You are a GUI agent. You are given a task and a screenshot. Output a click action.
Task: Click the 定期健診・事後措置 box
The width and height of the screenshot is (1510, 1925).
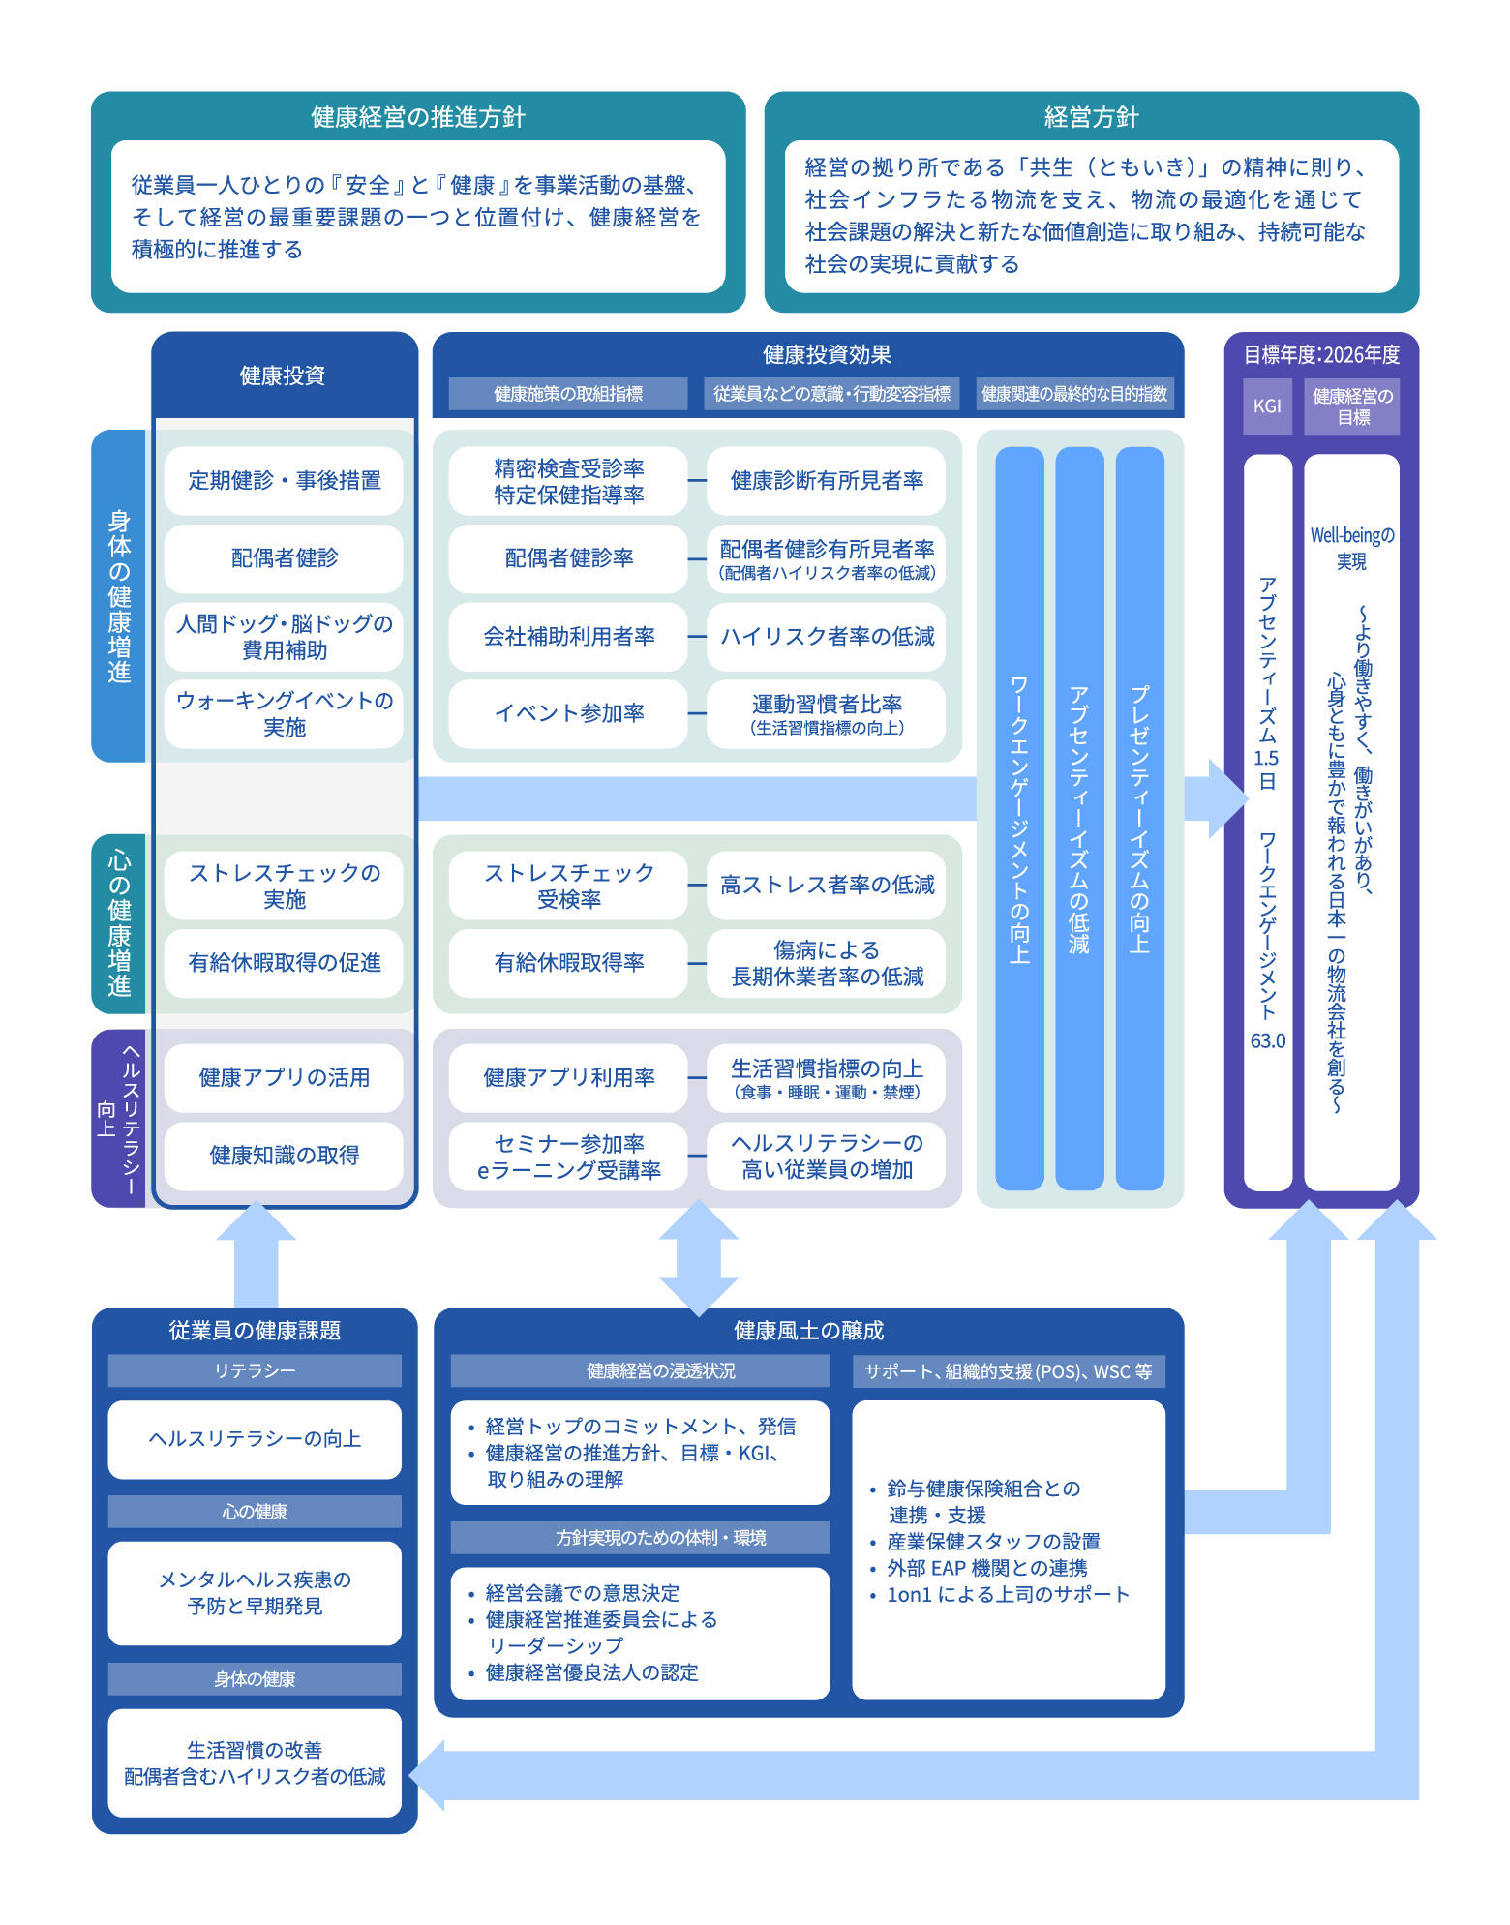click(x=284, y=480)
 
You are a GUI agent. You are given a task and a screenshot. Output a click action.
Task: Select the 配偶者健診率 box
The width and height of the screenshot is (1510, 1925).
click(x=568, y=558)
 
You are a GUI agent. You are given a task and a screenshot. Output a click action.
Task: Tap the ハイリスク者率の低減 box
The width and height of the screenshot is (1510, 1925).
click(x=826, y=636)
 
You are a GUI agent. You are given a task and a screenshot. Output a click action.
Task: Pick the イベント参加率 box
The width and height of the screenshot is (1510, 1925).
click(x=568, y=713)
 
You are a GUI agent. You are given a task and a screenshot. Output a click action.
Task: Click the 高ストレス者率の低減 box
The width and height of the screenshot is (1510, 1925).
click(x=826, y=885)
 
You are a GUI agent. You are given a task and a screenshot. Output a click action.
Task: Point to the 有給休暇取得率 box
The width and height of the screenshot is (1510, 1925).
click(x=568, y=962)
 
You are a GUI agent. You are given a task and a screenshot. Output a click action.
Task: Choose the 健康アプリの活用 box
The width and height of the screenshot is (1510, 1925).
click(x=284, y=1077)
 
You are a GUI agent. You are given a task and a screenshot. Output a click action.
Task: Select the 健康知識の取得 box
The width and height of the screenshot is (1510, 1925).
click(x=284, y=1155)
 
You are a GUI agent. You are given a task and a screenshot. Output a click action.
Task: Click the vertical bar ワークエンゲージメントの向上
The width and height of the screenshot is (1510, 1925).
click(x=1019, y=818)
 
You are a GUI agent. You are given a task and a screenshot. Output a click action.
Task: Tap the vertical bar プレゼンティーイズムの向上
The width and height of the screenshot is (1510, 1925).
click(x=1139, y=818)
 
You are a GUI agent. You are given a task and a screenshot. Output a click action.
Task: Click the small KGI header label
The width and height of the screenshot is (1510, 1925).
click(x=1267, y=406)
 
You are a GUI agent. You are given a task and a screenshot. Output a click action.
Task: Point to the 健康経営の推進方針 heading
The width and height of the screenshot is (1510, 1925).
click(x=418, y=117)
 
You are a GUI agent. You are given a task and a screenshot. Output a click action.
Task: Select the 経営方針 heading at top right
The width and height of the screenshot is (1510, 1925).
click(x=1091, y=117)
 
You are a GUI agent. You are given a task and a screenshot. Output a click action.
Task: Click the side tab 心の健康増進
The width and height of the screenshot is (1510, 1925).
click(x=119, y=923)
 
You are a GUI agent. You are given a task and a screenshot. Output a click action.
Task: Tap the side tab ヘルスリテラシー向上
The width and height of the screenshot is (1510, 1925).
click(x=119, y=1118)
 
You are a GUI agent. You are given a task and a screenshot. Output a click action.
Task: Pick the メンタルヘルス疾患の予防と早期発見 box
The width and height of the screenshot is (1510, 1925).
click(x=255, y=1592)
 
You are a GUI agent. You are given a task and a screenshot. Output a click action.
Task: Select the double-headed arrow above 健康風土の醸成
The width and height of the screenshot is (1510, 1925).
click(x=698, y=1257)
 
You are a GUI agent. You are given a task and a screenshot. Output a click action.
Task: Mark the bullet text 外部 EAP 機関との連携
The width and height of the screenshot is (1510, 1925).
click(x=986, y=1567)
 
